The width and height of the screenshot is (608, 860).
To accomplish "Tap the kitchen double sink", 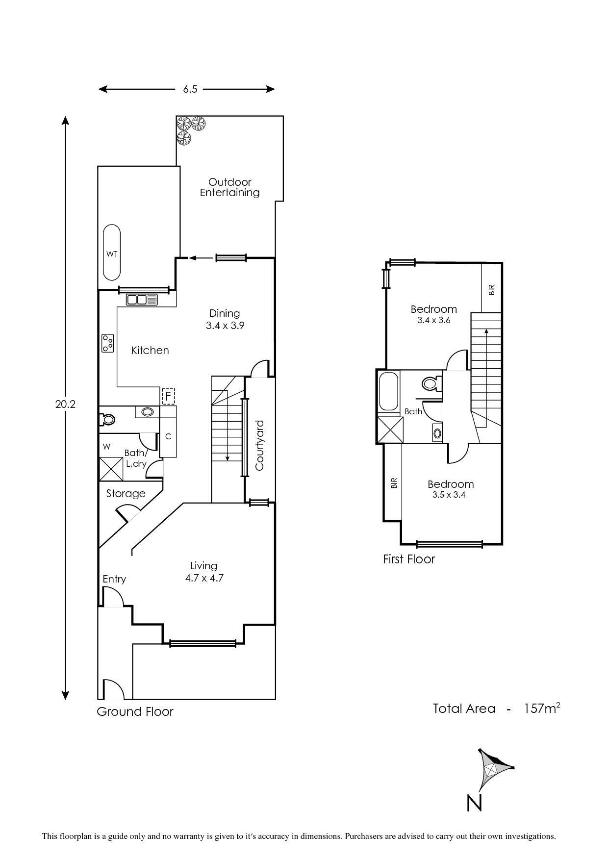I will click(142, 299).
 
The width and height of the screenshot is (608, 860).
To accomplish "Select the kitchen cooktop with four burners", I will click(108, 343).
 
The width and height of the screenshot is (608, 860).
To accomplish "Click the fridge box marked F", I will click(168, 395).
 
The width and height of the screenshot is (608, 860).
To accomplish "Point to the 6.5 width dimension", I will click(190, 89).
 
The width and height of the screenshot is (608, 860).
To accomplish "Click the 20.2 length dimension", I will click(65, 404).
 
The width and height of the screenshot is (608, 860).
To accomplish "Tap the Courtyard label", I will click(259, 445).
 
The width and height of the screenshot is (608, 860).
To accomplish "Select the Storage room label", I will click(126, 494).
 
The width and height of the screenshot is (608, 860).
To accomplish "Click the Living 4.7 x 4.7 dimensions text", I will click(204, 578).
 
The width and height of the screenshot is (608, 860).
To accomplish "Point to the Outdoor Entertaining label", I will click(229, 187).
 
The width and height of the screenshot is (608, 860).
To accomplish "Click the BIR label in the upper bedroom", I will click(492, 289).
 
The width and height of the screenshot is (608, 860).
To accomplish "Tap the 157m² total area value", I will click(541, 708).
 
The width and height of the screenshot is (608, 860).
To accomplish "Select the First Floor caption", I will click(409, 559).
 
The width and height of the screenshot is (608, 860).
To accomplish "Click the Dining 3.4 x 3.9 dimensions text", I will click(225, 325).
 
